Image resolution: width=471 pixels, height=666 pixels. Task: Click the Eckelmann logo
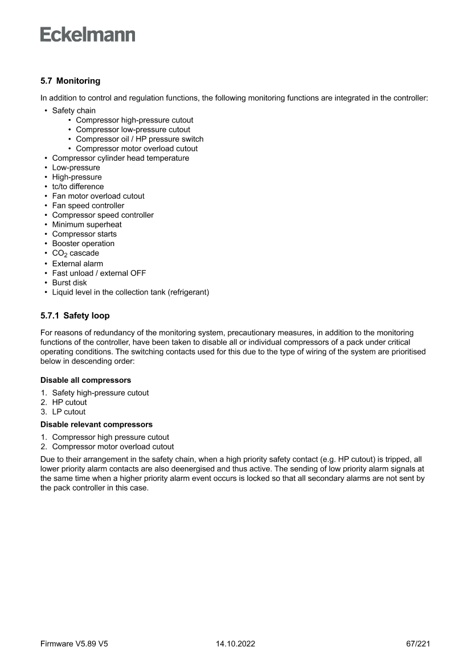click(x=88, y=35)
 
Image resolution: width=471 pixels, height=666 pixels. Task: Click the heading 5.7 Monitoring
click(x=70, y=81)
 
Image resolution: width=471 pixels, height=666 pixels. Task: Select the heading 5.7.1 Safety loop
click(x=75, y=315)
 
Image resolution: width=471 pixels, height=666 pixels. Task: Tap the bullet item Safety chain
click(x=73, y=111)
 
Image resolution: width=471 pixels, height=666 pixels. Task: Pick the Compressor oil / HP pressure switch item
click(x=140, y=139)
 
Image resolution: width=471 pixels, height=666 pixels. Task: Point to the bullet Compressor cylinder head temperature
click(x=120, y=158)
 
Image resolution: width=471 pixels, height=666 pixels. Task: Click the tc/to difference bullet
click(x=77, y=186)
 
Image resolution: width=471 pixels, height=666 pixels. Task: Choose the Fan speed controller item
click(x=88, y=206)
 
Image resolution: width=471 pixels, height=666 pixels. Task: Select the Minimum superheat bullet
click(x=87, y=224)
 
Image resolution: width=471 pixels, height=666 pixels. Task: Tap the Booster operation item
click(x=83, y=243)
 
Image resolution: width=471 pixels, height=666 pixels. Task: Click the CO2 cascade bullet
click(x=75, y=253)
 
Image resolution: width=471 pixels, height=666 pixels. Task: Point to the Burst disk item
click(x=69, y=283)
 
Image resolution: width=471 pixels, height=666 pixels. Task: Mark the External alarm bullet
click(x=77, y=264)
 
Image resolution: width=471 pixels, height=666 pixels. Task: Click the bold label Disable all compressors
click(x=85, y=380)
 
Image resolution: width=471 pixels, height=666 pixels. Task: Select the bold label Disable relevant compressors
click(x=96, y=424)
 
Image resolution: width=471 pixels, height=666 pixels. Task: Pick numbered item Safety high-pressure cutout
click(x=100, y=393)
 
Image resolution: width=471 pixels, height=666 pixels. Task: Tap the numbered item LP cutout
click(x=68, y=412)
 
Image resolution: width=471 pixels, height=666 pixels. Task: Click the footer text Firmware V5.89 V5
click(x=74, y=644)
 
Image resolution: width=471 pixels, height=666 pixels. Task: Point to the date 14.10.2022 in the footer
click(x=235, y=644)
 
